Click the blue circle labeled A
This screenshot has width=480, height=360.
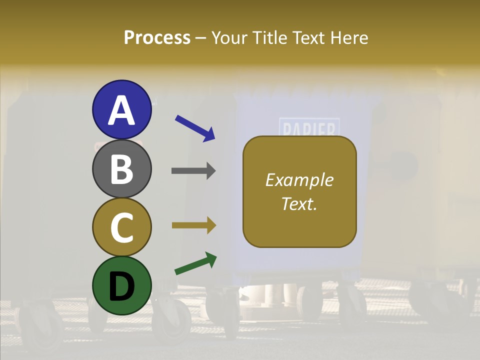pyautogui.click(x=121, y=110)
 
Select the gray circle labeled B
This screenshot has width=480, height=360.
pyautogui.click(x=121, y=169)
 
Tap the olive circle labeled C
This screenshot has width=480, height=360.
pyautogui.click(x=121, y=227)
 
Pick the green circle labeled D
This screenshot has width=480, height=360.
pyautogui.click(x=121, y=285)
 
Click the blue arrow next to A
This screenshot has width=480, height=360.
pyautogui.click(x=195, y=128)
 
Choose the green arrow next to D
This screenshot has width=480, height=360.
pyautogui.click(x=195, y=264)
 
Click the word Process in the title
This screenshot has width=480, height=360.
pyautogui.click(x=157, y=38)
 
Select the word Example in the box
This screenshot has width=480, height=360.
pyautogui.click(x=299, y=180)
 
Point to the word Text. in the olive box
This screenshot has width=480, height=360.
pyautogui.click(x=299, y=204)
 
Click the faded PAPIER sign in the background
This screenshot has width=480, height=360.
pyautogui.click(x=309, y=128)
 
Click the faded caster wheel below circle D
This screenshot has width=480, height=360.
pyautogui.click(x=171, y=320)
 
